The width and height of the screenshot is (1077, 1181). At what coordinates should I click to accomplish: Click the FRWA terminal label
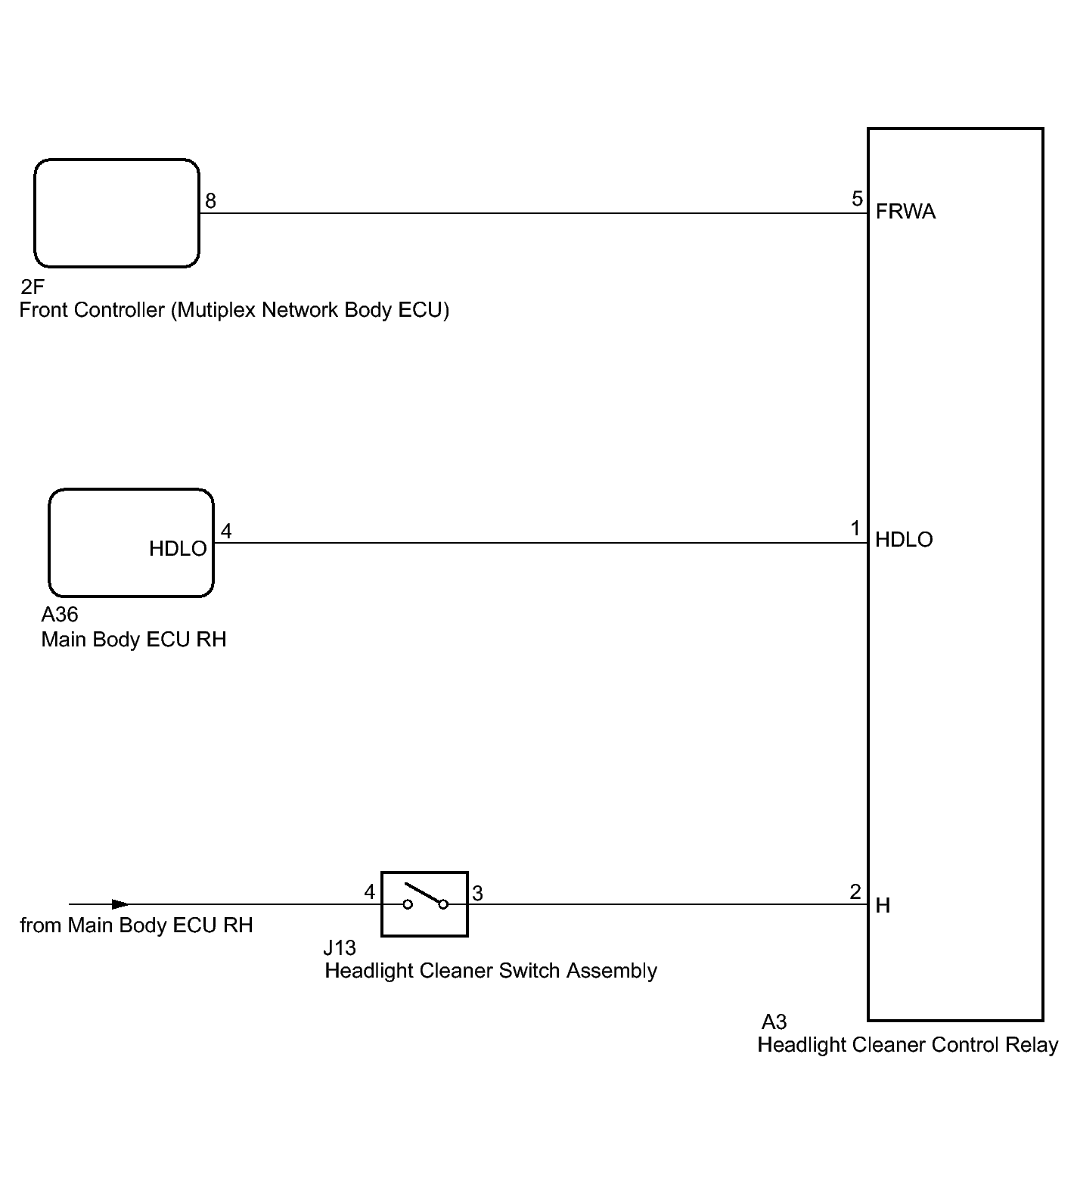[x=905, y=212]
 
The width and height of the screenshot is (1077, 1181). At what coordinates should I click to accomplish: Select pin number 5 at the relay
[x=857, y=199]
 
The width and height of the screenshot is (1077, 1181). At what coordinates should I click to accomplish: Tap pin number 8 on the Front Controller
[x=210, y=200]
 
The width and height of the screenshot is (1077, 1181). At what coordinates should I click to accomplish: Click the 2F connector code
[x=33, y=287]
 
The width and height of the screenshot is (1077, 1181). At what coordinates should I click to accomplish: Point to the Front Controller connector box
[x=116, y=213]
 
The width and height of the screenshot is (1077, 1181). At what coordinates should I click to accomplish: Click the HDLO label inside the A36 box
[x=178, y=549]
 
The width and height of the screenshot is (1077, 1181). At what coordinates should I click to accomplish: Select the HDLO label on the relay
[x=904, y=540]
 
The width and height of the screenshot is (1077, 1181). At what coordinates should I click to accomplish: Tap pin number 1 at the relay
[x=855, y=529]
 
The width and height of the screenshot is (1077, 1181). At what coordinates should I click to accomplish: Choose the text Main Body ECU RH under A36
[x=134, y=640]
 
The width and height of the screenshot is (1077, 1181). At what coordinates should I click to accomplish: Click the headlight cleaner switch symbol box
[x=424, y=904]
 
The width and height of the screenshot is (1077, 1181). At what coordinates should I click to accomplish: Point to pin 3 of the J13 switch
[x=477, y=894]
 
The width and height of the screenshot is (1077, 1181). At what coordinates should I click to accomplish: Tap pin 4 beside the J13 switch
[x=369, y=892]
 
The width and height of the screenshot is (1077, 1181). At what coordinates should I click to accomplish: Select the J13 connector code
[x=340, y=948]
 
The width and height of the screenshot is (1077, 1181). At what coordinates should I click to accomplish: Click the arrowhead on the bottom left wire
[x=119, y=904]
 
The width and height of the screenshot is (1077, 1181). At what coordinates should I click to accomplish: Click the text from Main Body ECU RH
[x=136, y=925]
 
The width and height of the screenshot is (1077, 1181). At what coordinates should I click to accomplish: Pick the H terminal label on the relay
[x=883, y=905]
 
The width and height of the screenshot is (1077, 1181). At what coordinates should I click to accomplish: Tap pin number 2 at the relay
[x=855, y=892]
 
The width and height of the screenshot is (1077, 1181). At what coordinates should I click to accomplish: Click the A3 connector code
[x=774, y=1022]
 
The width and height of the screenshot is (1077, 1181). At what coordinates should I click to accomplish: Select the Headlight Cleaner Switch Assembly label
[x=491, y=971]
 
